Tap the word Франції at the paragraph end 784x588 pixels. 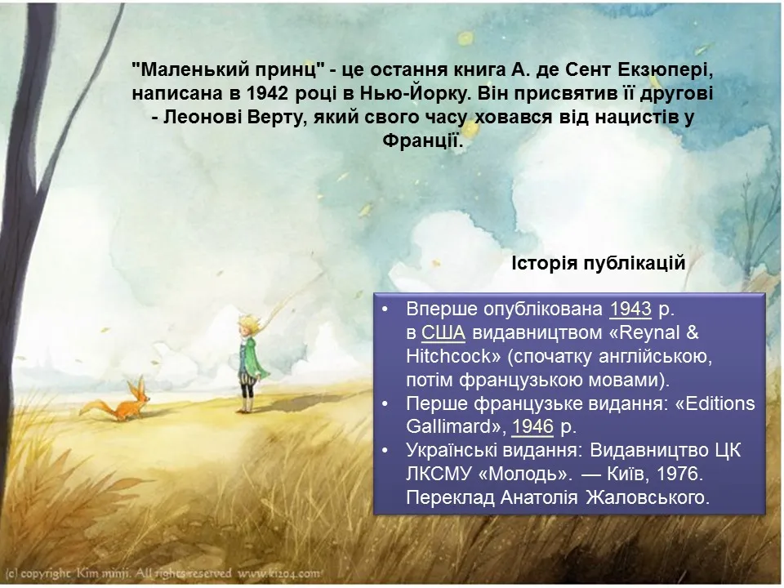[421, 141]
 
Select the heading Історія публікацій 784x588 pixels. [598, 263]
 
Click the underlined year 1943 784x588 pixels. [630, 309]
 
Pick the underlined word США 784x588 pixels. [443, 332]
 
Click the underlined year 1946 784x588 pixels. [532, 426]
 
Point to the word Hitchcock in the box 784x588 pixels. [448, 356]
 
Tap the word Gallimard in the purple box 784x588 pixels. [452, 426]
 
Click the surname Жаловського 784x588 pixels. [648, 497]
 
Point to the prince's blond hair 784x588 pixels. [249, 322]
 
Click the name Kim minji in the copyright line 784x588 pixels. [103, 573]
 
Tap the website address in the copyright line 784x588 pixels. [279, 573]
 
